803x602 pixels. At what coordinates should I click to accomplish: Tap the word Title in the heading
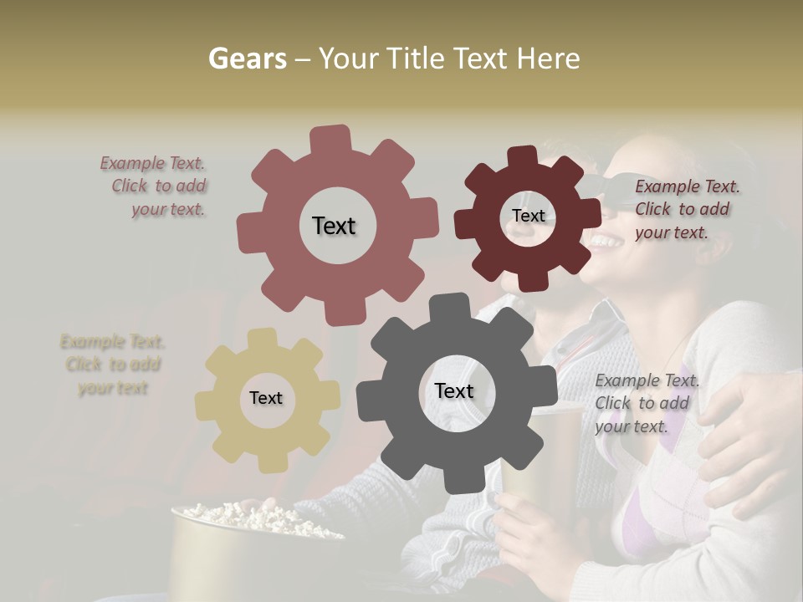tap(417, 59)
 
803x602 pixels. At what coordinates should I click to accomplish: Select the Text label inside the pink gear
tap(334, 226)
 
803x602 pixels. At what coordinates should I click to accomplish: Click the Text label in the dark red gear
tap(528, 216)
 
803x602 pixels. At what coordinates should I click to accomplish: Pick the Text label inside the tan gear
tap(266, 398)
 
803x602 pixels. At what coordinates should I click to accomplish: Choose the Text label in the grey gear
tap(454, 390)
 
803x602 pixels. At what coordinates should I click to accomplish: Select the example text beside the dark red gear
tap(686, 209)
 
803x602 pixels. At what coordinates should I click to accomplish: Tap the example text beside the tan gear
tap(113, 365)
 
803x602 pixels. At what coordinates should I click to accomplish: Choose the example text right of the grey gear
tap(646, 403)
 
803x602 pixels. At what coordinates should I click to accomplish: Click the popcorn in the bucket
tap(251, 514)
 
